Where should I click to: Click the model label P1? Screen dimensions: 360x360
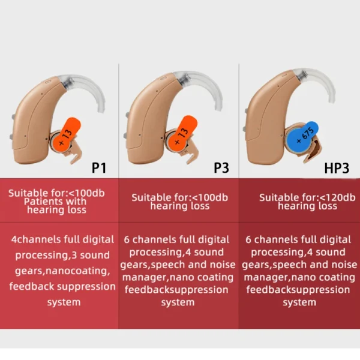99,167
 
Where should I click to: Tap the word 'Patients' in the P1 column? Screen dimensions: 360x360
38,202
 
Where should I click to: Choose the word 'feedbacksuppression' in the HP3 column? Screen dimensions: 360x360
299,290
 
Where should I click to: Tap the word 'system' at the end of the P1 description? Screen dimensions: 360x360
64,302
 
